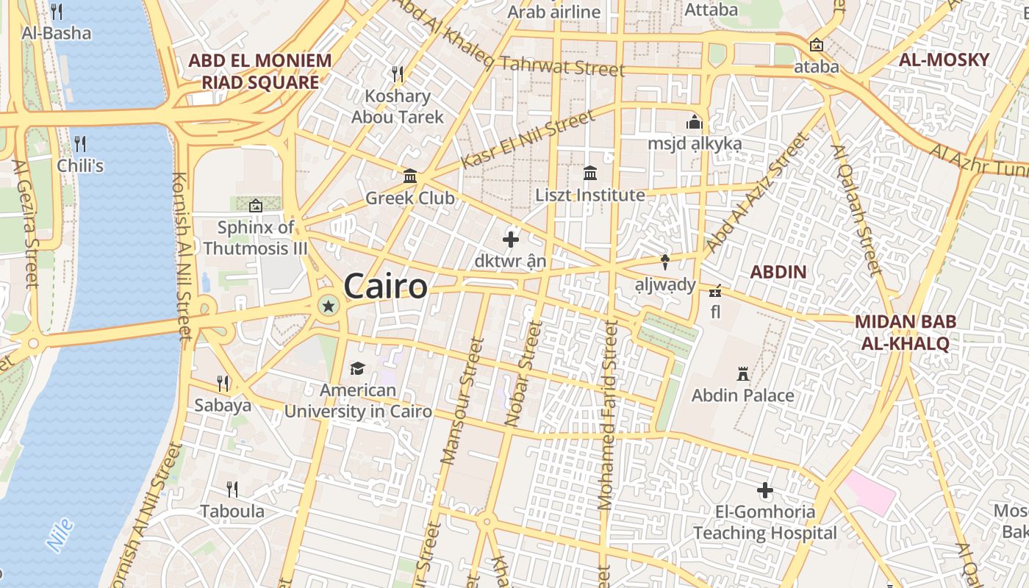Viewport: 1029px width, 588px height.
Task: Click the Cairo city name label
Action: click(x=385, y=286)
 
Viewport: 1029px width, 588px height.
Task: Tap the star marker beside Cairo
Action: click(x=328, y=306)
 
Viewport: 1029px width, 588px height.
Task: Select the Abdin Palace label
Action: click(x=742, y=395)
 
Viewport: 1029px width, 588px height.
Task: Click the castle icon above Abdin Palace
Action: click(x=743, y=374)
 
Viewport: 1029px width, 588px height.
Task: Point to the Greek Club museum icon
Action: click(x=410, y=176)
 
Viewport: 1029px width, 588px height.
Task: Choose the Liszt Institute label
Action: click(x=590, y=196)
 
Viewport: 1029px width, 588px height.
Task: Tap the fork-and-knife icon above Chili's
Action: click(x=80, y=143)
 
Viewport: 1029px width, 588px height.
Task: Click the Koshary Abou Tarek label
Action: click(x=398, y=107)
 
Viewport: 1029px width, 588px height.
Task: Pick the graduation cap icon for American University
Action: click(x=357, y=368)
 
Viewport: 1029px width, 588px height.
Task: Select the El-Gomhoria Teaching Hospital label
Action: click(x=765, y=522)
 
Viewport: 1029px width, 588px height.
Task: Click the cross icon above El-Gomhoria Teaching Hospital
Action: click(x=765, y=490)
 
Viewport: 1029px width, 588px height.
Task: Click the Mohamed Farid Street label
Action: click(x=607, y=415)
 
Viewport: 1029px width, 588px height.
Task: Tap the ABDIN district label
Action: click(x=778, y=272)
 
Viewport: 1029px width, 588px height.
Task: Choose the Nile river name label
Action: click(x=60, y=535)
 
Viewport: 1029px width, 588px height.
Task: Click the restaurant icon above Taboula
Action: click(x=232, y=490)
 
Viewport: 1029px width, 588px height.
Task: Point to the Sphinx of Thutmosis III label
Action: click(x=255, y=237)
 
